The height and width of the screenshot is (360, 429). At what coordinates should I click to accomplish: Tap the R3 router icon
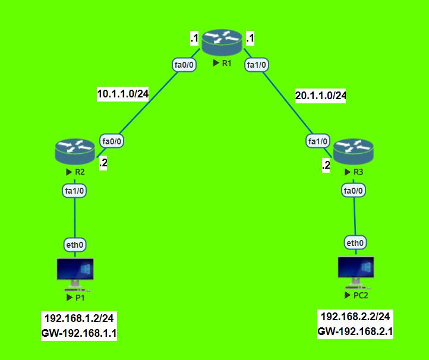pos(354,151)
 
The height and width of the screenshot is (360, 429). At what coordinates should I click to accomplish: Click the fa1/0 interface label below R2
pos(75,191)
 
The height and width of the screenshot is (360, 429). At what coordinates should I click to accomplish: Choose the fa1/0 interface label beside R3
pos(318,141)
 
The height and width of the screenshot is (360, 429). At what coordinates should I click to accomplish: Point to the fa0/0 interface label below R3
pos(354,190)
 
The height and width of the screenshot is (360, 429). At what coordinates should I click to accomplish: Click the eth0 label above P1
pos(75,244)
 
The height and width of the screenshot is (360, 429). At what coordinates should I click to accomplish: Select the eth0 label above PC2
pos(355,242)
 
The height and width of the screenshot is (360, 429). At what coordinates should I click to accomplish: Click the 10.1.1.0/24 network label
pos(122,93)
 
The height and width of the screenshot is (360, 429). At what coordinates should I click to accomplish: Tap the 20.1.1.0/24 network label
pos(320,95)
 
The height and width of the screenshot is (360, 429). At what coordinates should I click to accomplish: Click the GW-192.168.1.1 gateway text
pos(79,334)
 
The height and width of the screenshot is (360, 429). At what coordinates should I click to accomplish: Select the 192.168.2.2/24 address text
pos(356,317)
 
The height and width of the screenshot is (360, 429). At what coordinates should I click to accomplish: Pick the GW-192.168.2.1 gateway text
pos(356,331)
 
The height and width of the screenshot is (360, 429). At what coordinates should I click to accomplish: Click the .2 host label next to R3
pos(326,166)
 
